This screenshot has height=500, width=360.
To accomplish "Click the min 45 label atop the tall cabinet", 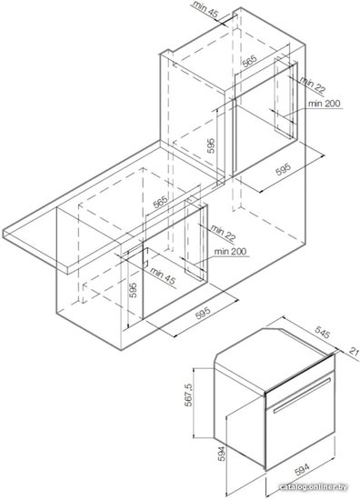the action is (205, 8).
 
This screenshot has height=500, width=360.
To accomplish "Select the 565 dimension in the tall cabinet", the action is (249, 62).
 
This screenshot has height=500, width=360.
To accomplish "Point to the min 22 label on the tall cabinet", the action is (313, 85).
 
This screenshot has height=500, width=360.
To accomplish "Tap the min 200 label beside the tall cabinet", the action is (325, 104).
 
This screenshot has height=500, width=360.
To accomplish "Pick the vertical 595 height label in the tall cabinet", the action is (211, 146).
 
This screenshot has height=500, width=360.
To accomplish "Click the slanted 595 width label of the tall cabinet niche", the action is (284, 169).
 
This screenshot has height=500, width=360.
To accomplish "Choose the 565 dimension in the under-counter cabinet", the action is (160, 202).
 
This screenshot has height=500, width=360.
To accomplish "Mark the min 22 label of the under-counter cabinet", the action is (224, 233).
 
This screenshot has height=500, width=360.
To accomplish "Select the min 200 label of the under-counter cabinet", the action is (230, 252).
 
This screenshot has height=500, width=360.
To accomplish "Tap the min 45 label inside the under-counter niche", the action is (163, 276).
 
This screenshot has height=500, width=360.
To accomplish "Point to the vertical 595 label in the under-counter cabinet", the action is (134, 290).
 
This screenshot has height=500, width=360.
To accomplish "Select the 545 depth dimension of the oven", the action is (322, 335).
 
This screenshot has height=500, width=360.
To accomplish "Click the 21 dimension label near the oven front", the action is (354, 352).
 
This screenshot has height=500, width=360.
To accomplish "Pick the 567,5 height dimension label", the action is (188, 395).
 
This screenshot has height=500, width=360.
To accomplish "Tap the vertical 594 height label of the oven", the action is (221, 454).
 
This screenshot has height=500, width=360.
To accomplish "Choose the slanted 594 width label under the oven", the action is (302, 470).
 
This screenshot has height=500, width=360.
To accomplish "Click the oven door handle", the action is (301, 395).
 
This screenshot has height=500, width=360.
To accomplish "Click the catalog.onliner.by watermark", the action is (313, 487).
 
